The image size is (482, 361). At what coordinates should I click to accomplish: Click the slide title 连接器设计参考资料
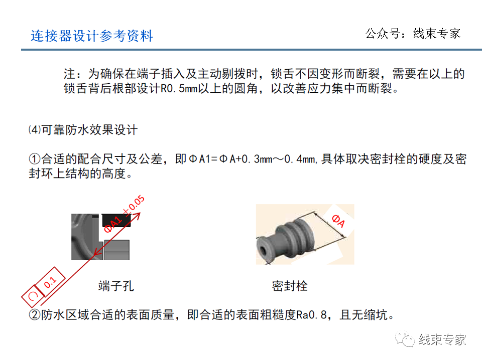click(x=92, y=36)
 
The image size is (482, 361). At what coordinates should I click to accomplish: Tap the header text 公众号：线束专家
click(x=413, y=34)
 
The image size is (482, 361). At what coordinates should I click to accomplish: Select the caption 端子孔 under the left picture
click(x=116, y=286)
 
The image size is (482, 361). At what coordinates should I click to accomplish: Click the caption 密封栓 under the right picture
click(x=290, y=286)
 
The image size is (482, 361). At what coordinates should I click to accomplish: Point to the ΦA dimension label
click(x=338, y=221)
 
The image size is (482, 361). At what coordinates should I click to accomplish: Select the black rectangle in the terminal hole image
click(x=116, y=220)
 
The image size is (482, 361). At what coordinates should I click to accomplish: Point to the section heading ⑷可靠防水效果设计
click(x=83, y=130)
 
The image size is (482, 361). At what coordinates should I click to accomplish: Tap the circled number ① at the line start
click(x=34, y=159)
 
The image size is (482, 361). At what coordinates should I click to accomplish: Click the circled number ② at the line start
click(x=34, y=315)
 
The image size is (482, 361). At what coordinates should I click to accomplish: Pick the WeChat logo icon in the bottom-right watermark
click(x=404, y=339)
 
